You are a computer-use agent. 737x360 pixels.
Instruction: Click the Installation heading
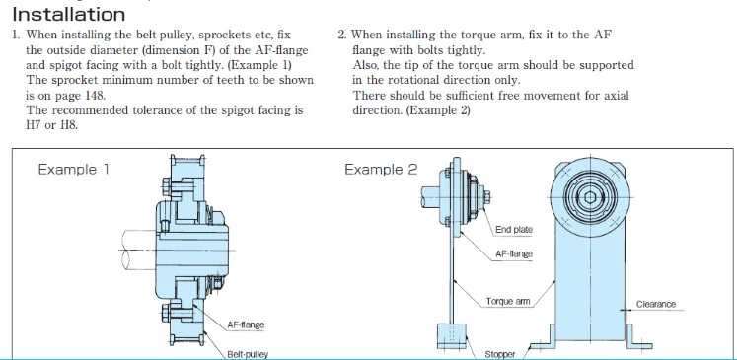point(69,15)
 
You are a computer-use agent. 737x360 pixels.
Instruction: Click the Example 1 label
point(73,170)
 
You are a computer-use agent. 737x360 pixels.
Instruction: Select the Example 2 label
point(381,170)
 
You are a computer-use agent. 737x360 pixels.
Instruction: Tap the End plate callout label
point(514,230)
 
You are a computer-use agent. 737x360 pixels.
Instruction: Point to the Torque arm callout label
point(508,301)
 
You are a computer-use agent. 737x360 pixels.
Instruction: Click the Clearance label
point(656,304)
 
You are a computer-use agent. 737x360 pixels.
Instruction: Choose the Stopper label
point(499,354)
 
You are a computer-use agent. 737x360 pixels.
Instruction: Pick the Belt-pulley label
point(248,354)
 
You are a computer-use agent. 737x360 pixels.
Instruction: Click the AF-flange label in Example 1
point(246,324)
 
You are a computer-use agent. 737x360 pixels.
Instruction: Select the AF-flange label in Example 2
point(514,254)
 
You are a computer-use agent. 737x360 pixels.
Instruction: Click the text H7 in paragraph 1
point(33,125)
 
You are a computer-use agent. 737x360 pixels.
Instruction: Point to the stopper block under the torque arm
point(452,335)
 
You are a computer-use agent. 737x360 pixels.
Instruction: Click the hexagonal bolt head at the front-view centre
point(590,197)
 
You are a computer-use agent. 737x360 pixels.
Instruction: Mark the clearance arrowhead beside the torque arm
point(623,310)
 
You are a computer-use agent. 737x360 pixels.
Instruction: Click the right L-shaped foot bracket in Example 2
point(639,337)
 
